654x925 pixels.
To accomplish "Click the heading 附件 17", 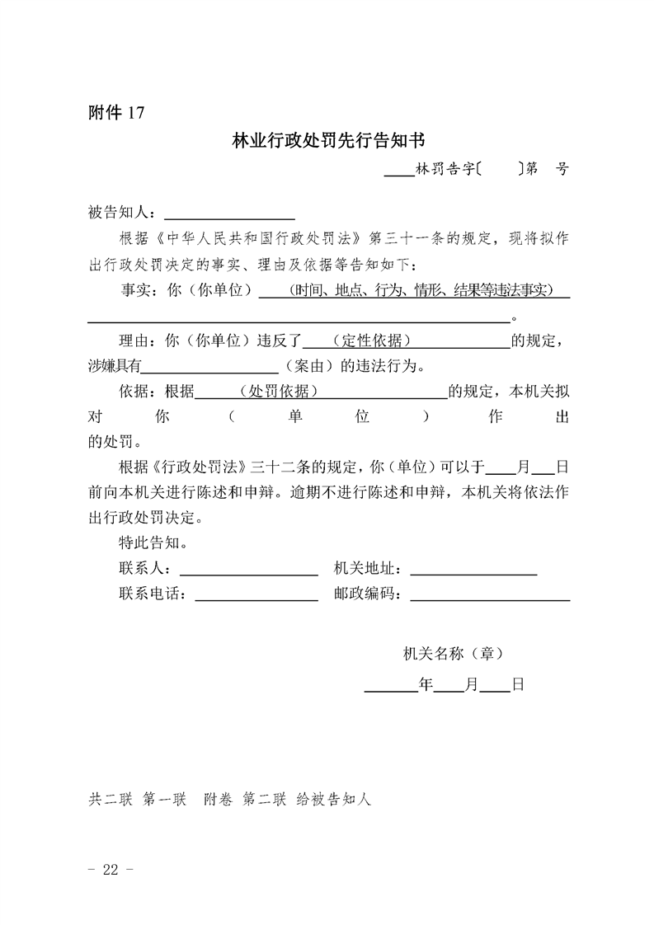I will click(x=116, y=114).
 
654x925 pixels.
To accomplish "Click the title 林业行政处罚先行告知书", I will click(x=328, y=142).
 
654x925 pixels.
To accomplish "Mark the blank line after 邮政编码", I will click(x=490, y=595).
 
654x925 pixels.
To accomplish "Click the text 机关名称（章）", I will click(x=453, y=654).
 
